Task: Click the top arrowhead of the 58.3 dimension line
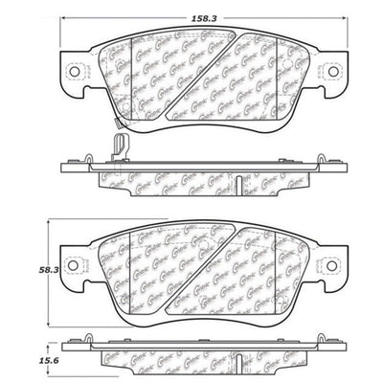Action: tap(49, 222)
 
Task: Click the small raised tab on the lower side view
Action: tap(91, 336)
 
